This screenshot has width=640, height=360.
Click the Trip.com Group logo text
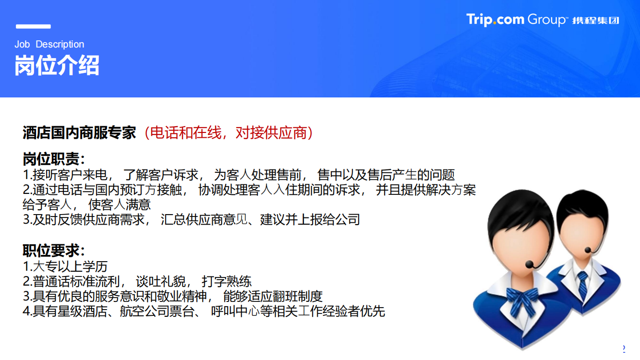pos(516,20)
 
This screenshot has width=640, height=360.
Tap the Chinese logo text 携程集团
pos(596,21)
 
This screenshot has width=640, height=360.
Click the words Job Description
pos(49,44)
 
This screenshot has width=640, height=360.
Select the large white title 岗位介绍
pos(57,65)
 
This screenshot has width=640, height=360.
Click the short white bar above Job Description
pos(33,26)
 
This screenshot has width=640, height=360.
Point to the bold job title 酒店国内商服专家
pos(79,133)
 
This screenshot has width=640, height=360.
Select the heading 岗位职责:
pos(54,159)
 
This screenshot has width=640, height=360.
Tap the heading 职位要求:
pos(54,251)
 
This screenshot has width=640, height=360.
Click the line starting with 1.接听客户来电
pos(239,175)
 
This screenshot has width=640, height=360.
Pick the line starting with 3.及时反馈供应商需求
pos(192,219)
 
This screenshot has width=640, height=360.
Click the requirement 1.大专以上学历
pos(65,266)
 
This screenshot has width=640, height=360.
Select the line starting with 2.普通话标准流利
pos(137,281)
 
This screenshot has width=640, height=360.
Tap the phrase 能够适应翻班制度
pos(273,296)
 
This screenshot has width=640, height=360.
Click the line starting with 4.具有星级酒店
pos(204,311)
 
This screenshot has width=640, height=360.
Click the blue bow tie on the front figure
pos(522,300)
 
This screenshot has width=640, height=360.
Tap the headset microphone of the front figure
pos(530,264)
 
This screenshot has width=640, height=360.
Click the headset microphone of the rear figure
pos(588,250)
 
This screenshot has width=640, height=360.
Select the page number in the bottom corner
pos(624,349)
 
